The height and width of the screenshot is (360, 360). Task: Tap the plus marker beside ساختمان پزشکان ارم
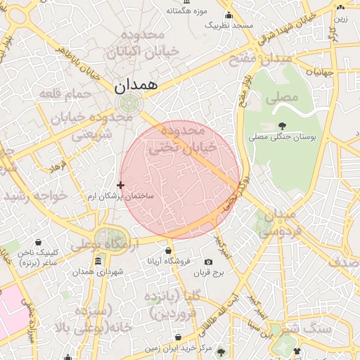[121, 186]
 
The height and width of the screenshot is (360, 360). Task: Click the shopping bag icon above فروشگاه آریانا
[168, 250]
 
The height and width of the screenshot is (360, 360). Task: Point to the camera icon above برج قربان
[207, 262]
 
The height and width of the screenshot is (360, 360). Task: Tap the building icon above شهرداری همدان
[98, 261]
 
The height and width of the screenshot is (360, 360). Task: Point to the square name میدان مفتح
[262, 60]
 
